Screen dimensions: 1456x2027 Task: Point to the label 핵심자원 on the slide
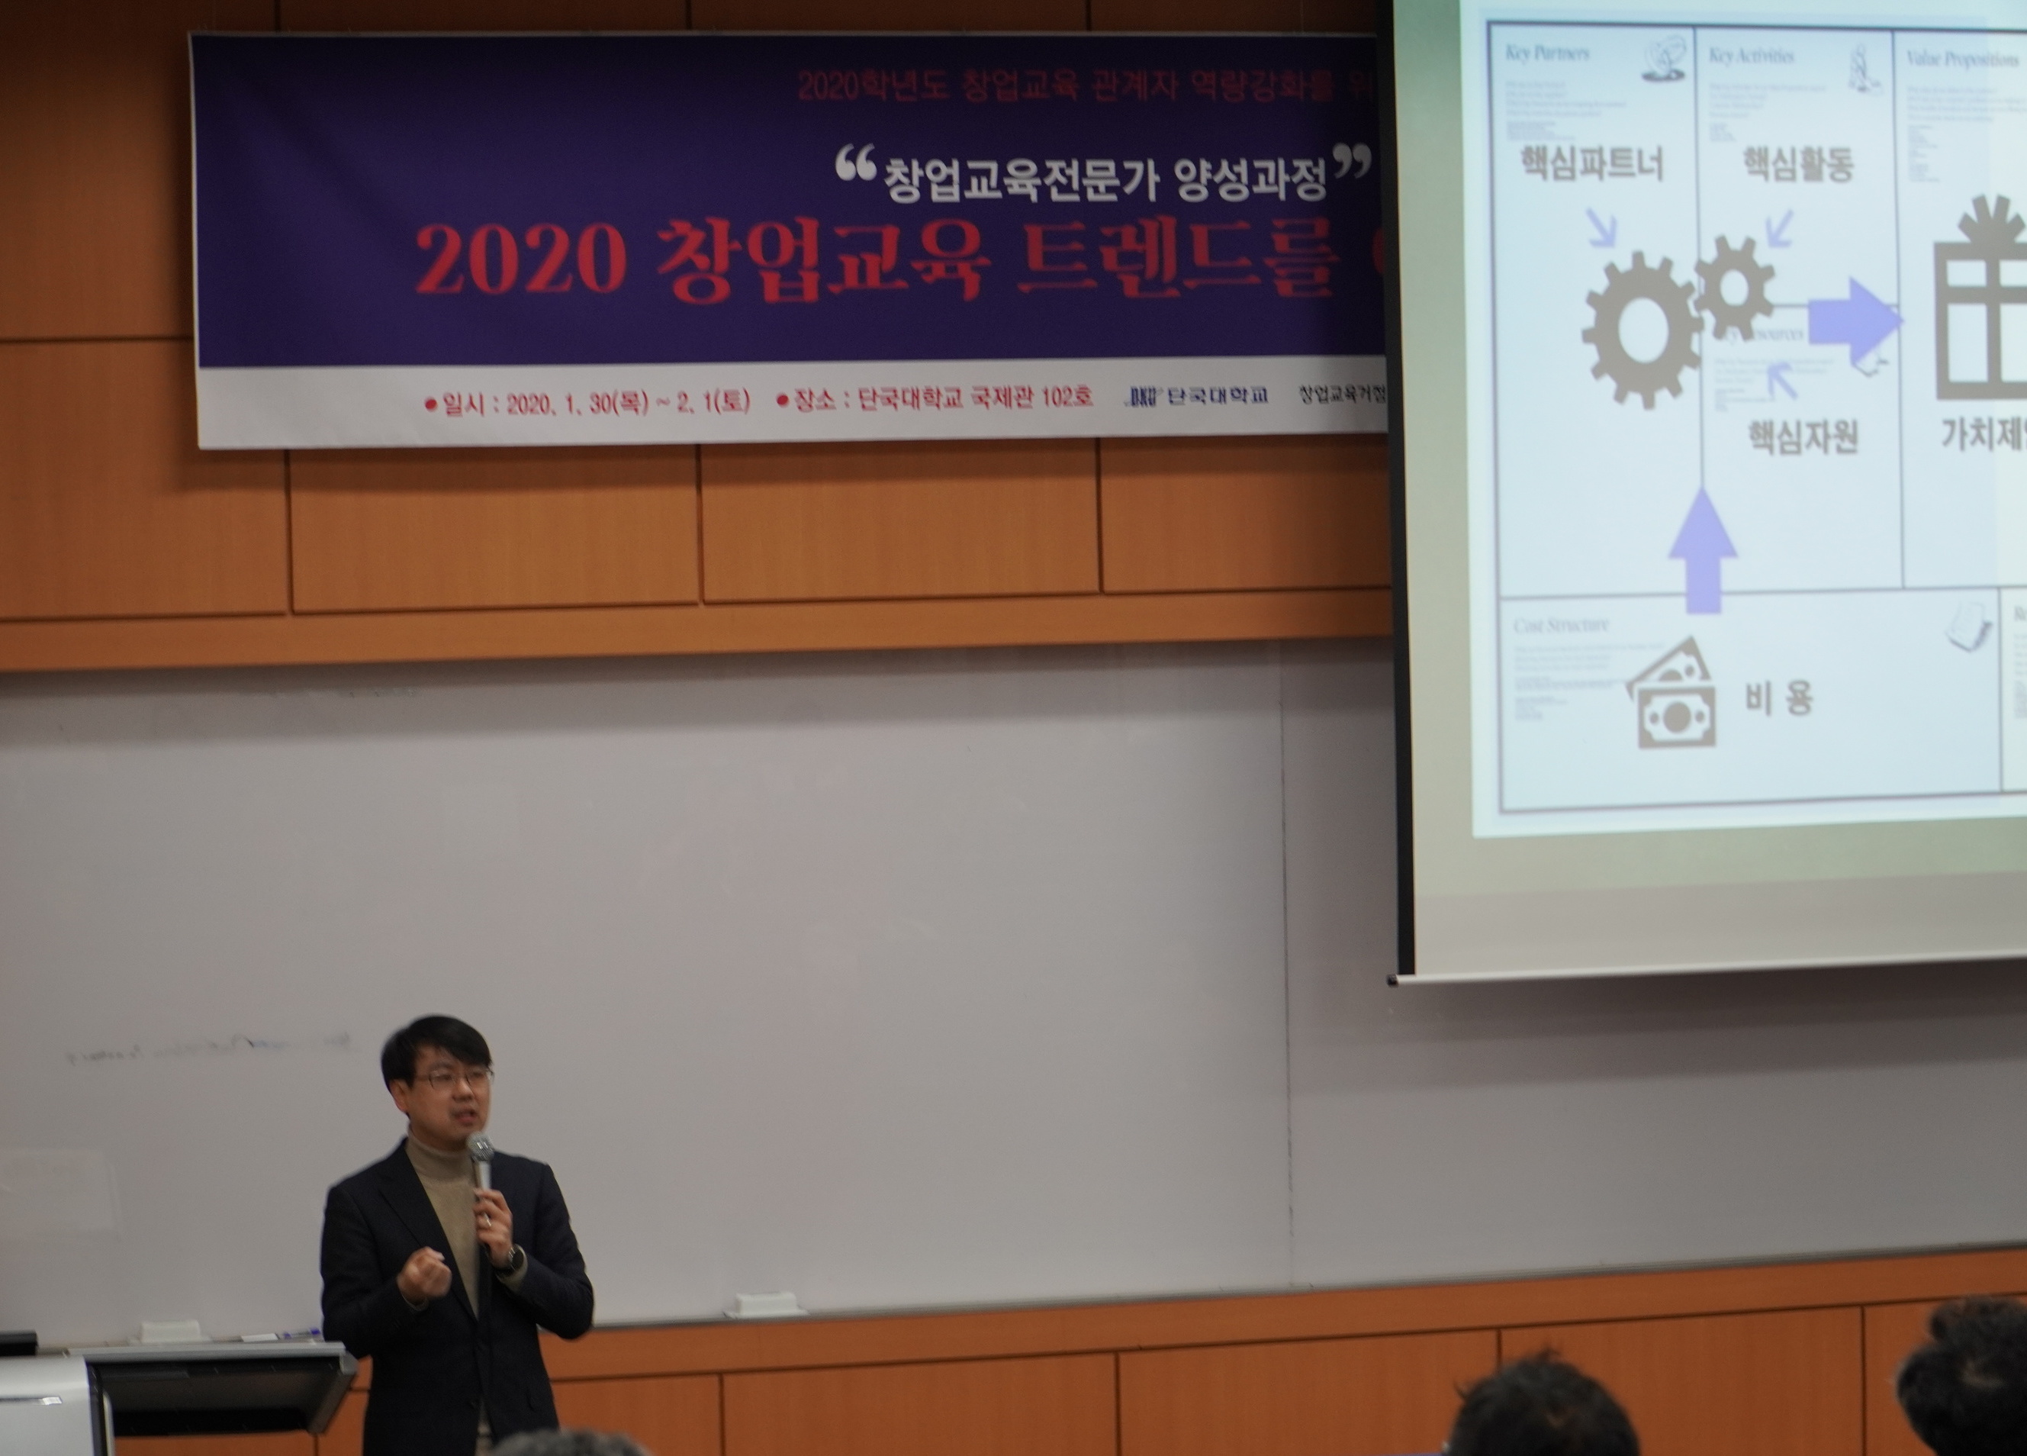click(1803, 436)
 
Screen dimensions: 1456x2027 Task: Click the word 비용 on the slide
click(1778, 698)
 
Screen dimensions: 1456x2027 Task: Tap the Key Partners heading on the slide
click(1547, 53)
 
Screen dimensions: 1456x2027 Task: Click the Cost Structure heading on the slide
click(1560, 626)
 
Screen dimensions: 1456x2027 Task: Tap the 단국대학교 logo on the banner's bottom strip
click(1198, 396)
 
